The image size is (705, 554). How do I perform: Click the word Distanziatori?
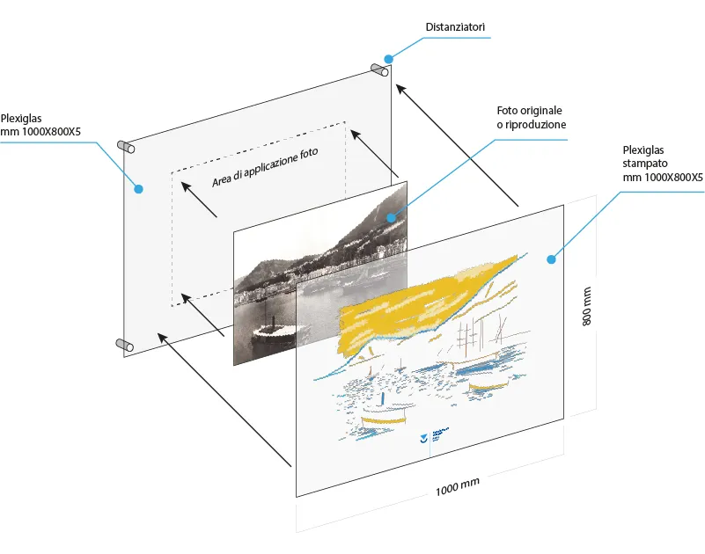click(x=455, y=28)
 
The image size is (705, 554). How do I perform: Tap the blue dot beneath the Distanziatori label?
click(x=389, y=59)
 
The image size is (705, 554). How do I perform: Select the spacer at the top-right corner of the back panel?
click(x=380, y=69)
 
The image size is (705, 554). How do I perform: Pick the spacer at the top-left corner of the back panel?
click(x=126, y=146)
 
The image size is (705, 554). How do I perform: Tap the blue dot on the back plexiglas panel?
click(x=137, y=187)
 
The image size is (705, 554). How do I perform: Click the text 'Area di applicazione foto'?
click(x=265, y=167)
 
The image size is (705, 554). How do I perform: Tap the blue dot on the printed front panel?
click(x=551, y=259)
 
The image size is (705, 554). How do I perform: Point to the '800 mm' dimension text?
click(x=586, y=305)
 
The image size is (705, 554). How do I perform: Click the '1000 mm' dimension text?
click(x=458, y=485)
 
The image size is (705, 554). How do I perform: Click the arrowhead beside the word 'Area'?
click(x=186, y=185)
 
